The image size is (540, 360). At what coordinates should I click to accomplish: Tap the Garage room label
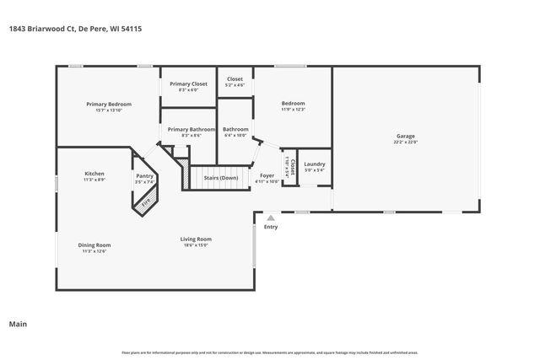pyautogui.click(x=406, y=136)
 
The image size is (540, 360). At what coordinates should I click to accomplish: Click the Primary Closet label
pyautogui.click(x=188, y=83)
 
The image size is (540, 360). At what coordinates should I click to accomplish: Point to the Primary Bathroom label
pyautogui.click(x=185, y=129)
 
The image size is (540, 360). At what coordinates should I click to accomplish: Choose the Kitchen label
pyautogui.click(x=94, y=174)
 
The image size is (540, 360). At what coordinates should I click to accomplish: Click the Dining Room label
pyautogui.click(x=95, y=244)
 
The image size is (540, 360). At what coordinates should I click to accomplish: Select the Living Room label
pyautogui.click(x=196, y=239)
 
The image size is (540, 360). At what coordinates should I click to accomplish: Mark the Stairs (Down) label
pyautogui.click(x=221, y=178)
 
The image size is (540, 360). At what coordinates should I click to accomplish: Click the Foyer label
pyautogui.click(x=267, y=175)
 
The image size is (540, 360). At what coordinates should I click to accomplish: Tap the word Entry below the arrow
pyautogui.click(x=270, y=227)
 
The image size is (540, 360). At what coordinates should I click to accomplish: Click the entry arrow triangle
pyautogui.click(x=270, y=218)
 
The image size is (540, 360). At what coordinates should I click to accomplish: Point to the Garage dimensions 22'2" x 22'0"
pyautogui.click(x=406, y=142)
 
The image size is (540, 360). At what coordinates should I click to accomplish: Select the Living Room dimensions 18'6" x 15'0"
pyautogui.click(x=196, y=244)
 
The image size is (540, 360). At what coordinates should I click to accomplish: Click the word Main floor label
pyautogui.click(x=17, y=324)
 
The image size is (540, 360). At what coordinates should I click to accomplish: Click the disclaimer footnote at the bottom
pyautogui.click(x=270, y=352)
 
